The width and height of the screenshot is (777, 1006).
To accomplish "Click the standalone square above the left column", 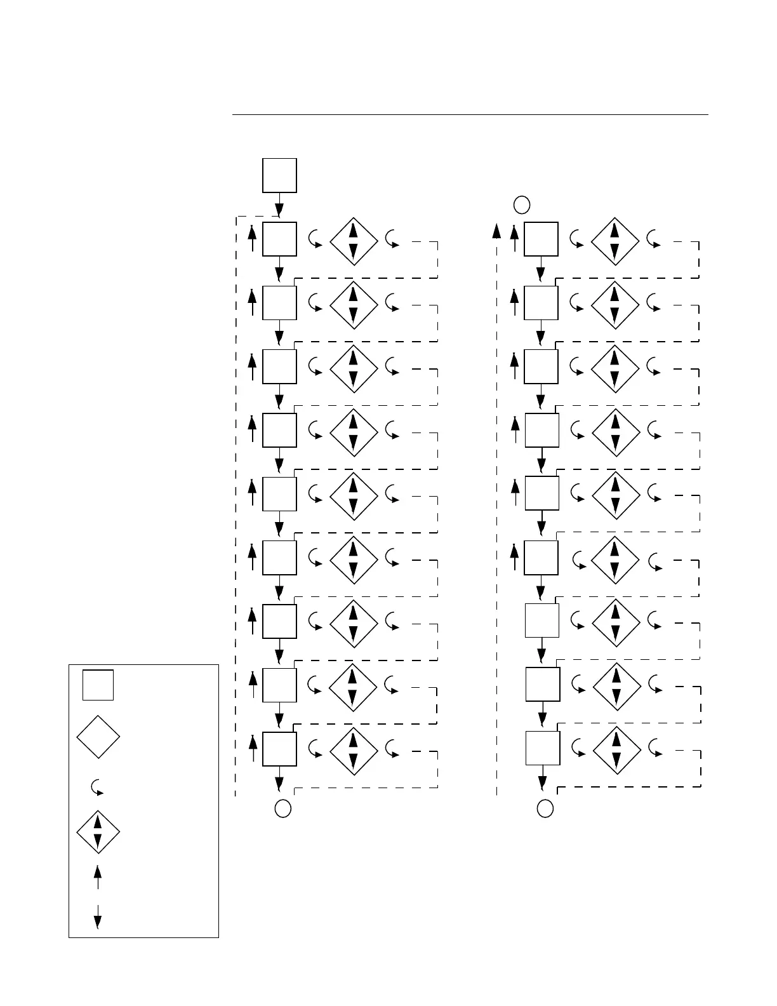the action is point(279,175).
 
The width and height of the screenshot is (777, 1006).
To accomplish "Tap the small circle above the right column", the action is point(521,205).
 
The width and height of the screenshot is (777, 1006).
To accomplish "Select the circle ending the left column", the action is point(283,808).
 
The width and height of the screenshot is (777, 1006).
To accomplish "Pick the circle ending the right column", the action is point(545,808).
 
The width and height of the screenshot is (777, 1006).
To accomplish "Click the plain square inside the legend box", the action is point(98,685).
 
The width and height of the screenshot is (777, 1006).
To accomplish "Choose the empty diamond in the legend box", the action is point(98,737).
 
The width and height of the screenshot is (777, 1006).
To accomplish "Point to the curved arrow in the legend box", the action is point(97,788).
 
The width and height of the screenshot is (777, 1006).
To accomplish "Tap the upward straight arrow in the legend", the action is point(97,877).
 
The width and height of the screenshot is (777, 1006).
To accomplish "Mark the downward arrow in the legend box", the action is point(97,916).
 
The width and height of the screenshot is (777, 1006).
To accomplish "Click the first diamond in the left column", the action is point(354,241).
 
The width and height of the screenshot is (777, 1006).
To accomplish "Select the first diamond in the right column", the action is point(614,241).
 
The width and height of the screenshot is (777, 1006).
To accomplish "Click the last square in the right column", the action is point(543,748).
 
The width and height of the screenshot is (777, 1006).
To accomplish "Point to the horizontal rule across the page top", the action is point(470,115).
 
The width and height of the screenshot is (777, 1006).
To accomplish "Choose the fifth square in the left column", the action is point(279,493).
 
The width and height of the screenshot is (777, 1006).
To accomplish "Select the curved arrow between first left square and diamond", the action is point(314,239).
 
